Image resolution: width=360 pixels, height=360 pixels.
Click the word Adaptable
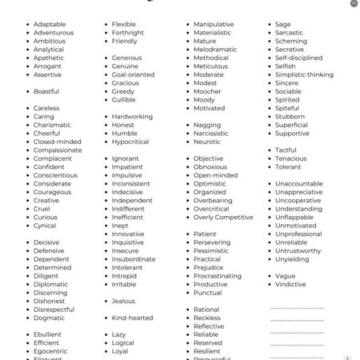click(x=50, y=24)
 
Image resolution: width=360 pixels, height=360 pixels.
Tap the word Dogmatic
click(x=49, y=318)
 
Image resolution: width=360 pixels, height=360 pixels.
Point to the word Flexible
click(x=123, y=24)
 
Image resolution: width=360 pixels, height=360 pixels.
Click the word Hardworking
click(x=132, y=116)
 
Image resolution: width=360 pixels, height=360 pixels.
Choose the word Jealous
click(x=123, y=301)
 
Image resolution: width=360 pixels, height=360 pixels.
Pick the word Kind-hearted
click(x=132, y=318)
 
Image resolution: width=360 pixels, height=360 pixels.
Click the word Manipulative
click(x=214, y=24)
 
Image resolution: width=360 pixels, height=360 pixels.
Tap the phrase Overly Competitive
click(x=222, y=217)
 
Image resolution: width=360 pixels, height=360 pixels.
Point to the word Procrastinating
click(x=217, y=275)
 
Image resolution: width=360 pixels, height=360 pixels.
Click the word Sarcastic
click(x=290, y=33)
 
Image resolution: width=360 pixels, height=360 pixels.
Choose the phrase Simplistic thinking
click(x=304, y=74)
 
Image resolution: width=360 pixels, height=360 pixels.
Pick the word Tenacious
click(x=290, y=158)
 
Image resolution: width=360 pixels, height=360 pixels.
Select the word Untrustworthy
click(x=298, y=250)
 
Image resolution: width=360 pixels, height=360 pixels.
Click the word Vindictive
click(x=290, y=284)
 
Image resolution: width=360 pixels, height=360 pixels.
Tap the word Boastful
click(x=46, y=91)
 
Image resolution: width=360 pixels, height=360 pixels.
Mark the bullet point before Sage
click(x=269, y=25)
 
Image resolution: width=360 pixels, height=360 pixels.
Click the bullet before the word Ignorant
click(x=106, y=158)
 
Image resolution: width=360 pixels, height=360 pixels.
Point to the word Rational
click(x=206, y=309)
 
